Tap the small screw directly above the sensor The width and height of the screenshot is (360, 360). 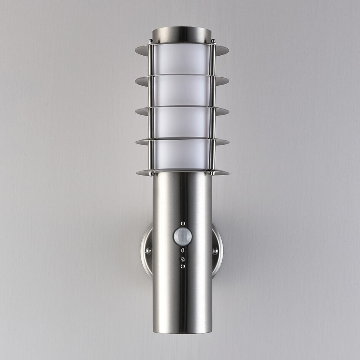pos(183,224)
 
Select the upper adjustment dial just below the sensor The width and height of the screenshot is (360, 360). pos(183,250)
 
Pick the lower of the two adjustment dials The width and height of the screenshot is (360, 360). pos(183,259)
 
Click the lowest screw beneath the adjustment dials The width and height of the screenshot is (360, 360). pos(183,266)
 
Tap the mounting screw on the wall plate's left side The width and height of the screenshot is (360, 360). pos(149,251)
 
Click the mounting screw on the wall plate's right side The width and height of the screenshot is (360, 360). pos(215,251)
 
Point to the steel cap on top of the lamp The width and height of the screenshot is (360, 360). pos(182,34)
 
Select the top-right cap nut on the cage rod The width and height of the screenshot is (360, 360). pos(213,41)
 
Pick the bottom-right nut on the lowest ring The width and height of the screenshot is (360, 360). pos(213,173)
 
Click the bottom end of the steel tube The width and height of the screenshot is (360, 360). pos(182,331)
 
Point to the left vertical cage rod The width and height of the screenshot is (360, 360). pos(152,107)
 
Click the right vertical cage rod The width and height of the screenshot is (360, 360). pos(213,107)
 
